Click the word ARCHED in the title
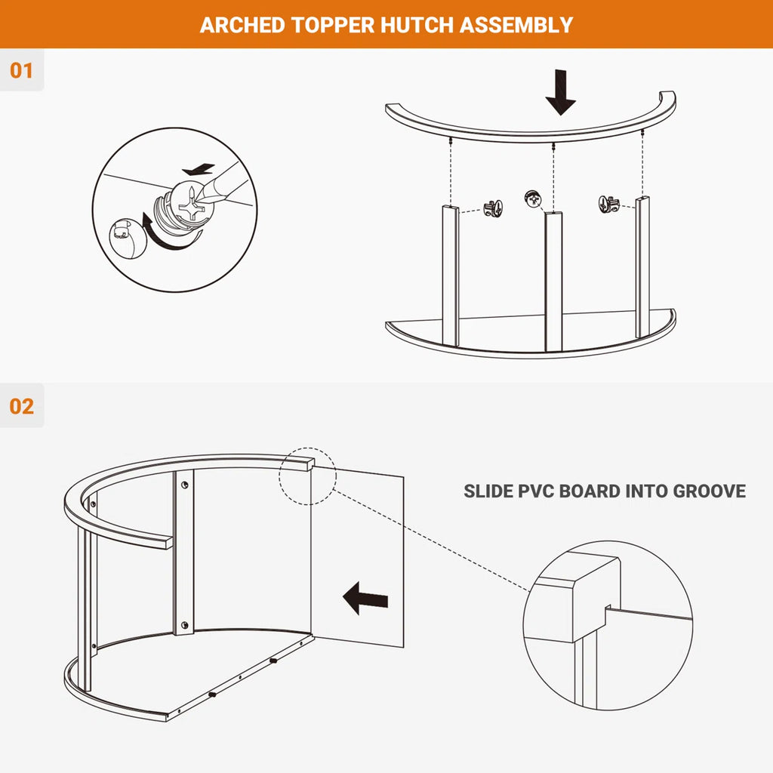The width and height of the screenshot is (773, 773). point(242,25)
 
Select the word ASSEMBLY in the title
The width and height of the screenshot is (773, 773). point(516,25)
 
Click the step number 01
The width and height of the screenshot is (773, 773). point(21,70)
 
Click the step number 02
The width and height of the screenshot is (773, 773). point(22,407)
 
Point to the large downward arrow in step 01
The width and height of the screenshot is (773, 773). point(560,92)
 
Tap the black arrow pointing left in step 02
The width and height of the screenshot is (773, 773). point(365,599)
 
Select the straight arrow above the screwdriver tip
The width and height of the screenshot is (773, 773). point(199,170)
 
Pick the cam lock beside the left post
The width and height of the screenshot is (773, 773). point(493,208)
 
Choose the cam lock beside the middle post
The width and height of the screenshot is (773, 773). point(533,199)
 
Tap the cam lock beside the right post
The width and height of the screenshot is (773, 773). point(609,204)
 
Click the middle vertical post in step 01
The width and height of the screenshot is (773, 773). point(553,281)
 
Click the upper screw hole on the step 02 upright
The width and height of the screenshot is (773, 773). point(185,485)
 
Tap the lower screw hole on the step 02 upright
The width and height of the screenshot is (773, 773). point(185,626)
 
